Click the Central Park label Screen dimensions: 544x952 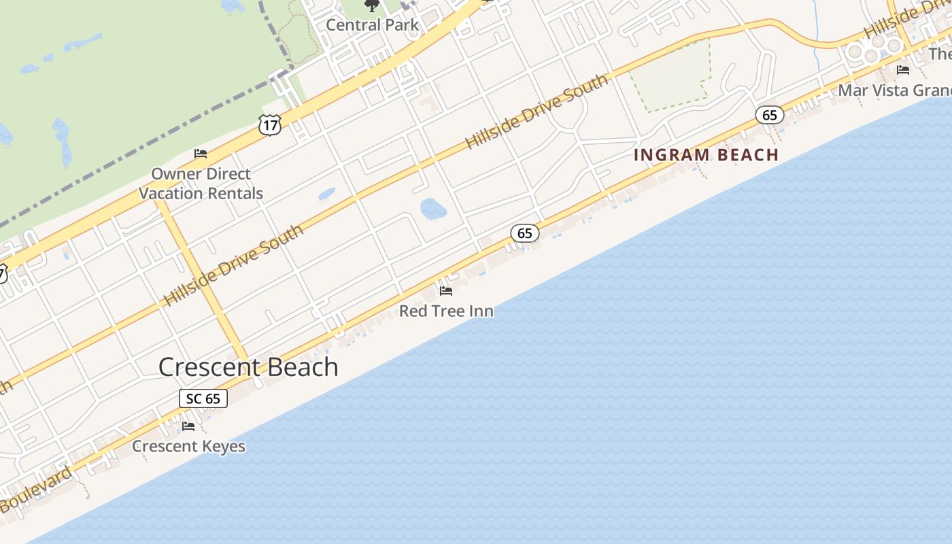(373, 25)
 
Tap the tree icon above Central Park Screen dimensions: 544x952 (371, 5)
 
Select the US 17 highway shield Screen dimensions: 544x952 (270, 124)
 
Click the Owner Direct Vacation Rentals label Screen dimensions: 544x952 (201, 184)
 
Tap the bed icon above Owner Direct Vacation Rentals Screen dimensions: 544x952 (201, 153)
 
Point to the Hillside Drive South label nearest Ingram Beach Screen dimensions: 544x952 (537, 112)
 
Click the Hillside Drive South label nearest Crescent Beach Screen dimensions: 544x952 (234, 265)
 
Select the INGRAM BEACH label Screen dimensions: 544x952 (706, 155)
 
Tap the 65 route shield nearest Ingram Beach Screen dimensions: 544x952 (769, 115)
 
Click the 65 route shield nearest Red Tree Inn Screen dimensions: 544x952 (524, 233)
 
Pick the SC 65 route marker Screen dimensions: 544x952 (203, 398)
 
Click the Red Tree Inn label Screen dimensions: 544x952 (446, 311)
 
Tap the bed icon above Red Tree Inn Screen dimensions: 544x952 (446, 291)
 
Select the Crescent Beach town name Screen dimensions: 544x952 (248, 367)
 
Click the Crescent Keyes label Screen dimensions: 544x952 (188, 446)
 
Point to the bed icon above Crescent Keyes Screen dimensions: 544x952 (188, 426)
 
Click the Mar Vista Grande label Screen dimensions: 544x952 (894, 90)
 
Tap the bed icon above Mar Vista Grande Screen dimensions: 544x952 (903, 69)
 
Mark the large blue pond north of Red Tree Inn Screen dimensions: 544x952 (433, 208)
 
